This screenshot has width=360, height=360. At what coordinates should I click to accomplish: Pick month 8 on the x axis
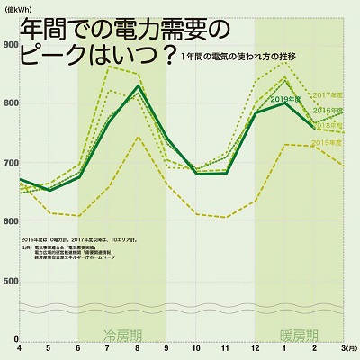138,346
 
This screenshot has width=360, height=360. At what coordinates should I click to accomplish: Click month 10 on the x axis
196,346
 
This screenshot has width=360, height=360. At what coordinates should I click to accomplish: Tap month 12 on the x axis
256,346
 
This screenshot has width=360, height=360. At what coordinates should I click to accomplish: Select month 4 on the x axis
20,346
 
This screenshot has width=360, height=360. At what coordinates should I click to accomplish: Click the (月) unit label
348,346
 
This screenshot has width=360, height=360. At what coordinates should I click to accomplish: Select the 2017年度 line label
328,94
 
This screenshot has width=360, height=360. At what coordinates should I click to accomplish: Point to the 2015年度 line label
327,142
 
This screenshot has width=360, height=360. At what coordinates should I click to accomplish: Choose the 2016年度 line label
328,110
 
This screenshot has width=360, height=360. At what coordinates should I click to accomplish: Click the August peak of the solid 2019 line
138,86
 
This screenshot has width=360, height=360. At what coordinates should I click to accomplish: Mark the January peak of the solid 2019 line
285,103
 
